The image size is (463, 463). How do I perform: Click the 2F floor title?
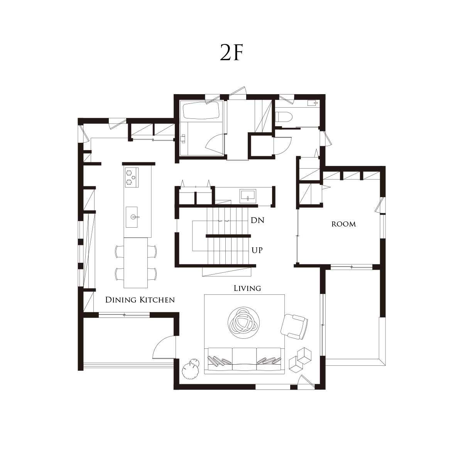click(x=231, y=52)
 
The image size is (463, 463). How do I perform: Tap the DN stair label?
click(x=257, y=220)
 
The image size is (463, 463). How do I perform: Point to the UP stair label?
click(x=257, y=250)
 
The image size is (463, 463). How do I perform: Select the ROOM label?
click(x=344, y=224)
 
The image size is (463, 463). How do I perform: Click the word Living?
click(x=247, y=288)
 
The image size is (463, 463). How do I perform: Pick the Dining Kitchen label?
click(x=140, y=300)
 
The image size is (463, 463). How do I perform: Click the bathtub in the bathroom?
click(x=201, y=110)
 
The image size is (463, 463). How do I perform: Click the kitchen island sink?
click(x=132, y=217)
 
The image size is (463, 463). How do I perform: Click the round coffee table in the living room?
click(x=243, y=323)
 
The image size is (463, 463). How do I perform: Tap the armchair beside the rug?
click(x=294, y=327)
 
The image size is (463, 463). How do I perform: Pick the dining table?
click(x=136, y=263)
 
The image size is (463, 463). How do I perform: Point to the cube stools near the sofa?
click(x=300, y=360)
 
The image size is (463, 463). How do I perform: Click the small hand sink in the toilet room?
click(x=313, y=103)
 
